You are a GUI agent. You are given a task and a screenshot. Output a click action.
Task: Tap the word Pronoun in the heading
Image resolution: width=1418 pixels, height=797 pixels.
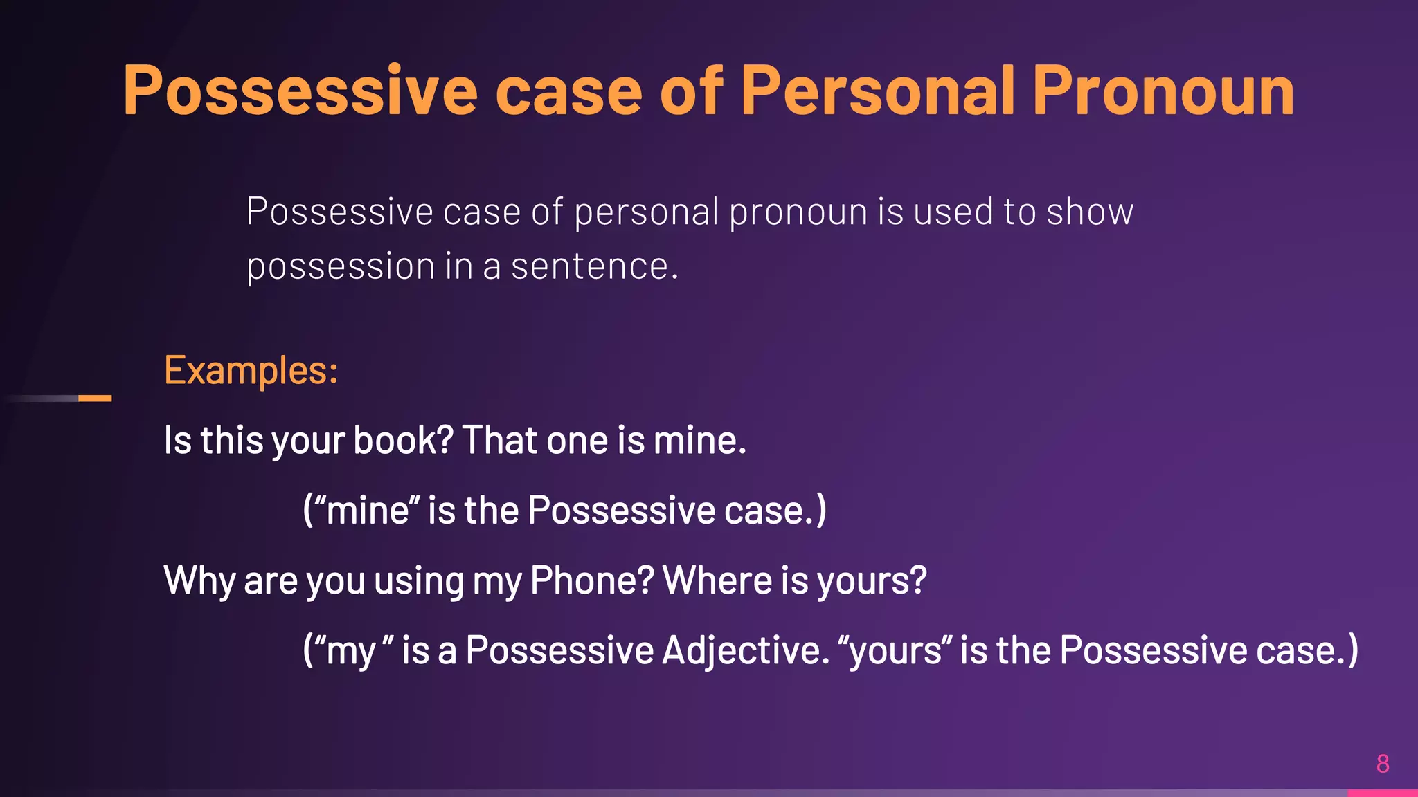(1163, 91)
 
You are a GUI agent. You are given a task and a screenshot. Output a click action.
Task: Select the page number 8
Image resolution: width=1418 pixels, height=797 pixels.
(1383, 764)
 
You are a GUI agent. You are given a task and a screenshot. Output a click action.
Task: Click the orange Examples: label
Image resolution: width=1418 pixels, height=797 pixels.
(251, 371)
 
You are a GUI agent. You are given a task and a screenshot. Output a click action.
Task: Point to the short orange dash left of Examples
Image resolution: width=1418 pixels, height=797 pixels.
(95, 398)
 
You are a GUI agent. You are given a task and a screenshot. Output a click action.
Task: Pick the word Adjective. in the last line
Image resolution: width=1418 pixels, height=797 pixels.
(745, 651)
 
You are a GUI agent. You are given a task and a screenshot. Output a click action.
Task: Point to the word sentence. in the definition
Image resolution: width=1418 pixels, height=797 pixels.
(594, 267)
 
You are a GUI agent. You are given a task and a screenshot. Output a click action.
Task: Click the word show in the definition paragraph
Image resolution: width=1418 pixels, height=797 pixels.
(1090, 212)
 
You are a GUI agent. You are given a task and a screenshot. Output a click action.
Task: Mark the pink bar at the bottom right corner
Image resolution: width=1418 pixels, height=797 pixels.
(1382, 793)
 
